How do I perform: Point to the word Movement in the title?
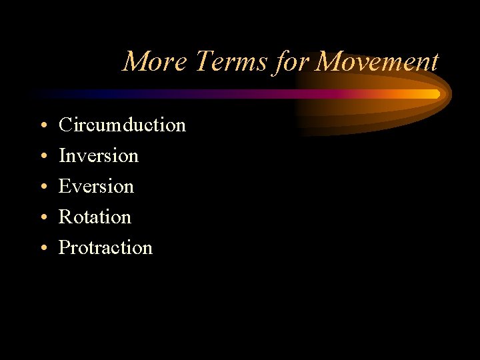[377, 62]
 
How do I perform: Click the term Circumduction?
[122, 125]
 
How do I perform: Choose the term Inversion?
[99, 155]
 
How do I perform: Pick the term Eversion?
[96, 186]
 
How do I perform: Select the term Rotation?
[95, 217]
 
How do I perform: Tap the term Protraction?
[105, 247]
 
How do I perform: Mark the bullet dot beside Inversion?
[42, 157]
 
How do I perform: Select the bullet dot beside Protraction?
[42, 249]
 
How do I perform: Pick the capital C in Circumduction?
[65, 125]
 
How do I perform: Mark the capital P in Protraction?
[64, 247]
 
